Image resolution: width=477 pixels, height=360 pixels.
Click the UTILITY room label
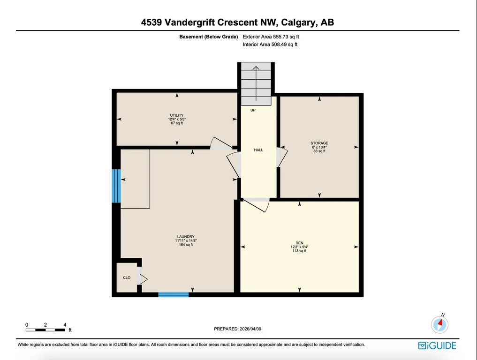177,115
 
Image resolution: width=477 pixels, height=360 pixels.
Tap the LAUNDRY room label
186,237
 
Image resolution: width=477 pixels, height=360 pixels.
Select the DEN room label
299,243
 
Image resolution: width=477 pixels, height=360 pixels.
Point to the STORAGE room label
319,143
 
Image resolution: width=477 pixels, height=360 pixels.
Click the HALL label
258,150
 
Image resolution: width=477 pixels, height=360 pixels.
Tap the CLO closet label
127,277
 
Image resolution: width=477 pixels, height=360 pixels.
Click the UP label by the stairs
253,110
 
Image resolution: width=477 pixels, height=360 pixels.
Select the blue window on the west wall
116,186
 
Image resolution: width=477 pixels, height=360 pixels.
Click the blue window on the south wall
174,295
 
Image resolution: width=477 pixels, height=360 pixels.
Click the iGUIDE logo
437,346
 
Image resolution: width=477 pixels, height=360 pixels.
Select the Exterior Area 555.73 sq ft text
271,37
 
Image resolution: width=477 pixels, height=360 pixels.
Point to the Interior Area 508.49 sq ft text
270,45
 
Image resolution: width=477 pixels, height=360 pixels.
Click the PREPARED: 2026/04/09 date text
238,329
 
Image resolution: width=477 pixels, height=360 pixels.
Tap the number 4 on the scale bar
65,325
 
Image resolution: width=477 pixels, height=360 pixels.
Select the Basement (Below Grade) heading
208,37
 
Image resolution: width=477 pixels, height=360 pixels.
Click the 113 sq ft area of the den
299,251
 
